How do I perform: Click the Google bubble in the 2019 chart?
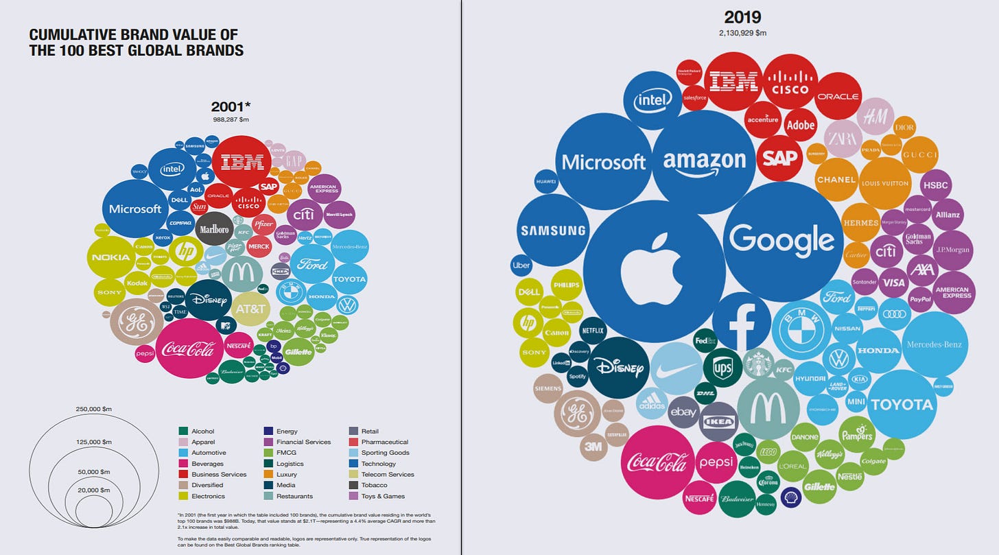pyautogui.click(x=782, y=240)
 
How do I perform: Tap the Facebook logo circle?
pyautogui.click(x=741, y=321)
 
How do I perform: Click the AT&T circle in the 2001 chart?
pyautogui.click(x=250, y=309)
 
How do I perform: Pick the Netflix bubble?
pyautogui.click(x=592, y=330)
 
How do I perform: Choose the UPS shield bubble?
pyautogui.click(x=722, y=367)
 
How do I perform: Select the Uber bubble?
pyautogui.click(x=521, y=265)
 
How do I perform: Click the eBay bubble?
pyautogui.click(x=683, y=412)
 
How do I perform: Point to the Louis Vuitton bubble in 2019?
pyautogui.click(x=884, y=183)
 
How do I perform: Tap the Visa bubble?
pyautogui.click(x=894, y=282)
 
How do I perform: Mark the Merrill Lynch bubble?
pyautogui.click(x=339, y=215)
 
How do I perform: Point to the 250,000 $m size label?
pyautogui.click(x=93, y=409)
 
